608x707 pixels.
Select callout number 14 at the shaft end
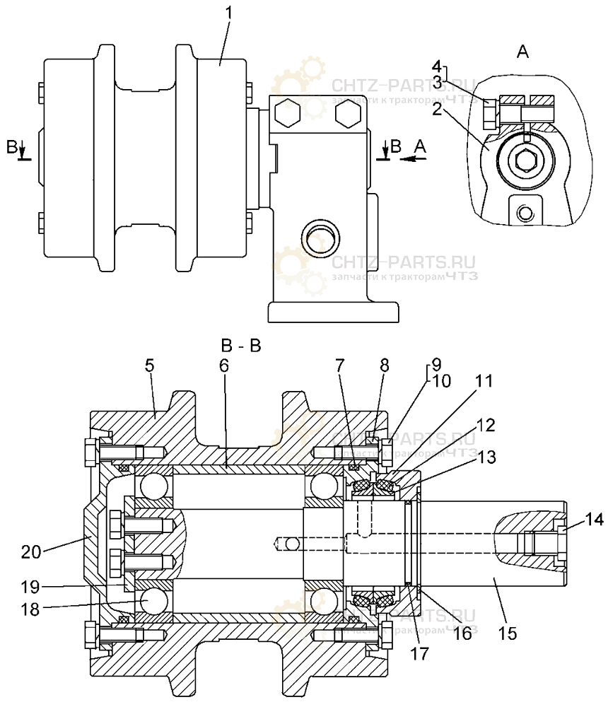[595, 520]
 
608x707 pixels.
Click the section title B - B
[241, 346]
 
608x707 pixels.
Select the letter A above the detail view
[522, 51]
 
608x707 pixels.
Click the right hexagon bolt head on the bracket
[349, 113]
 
